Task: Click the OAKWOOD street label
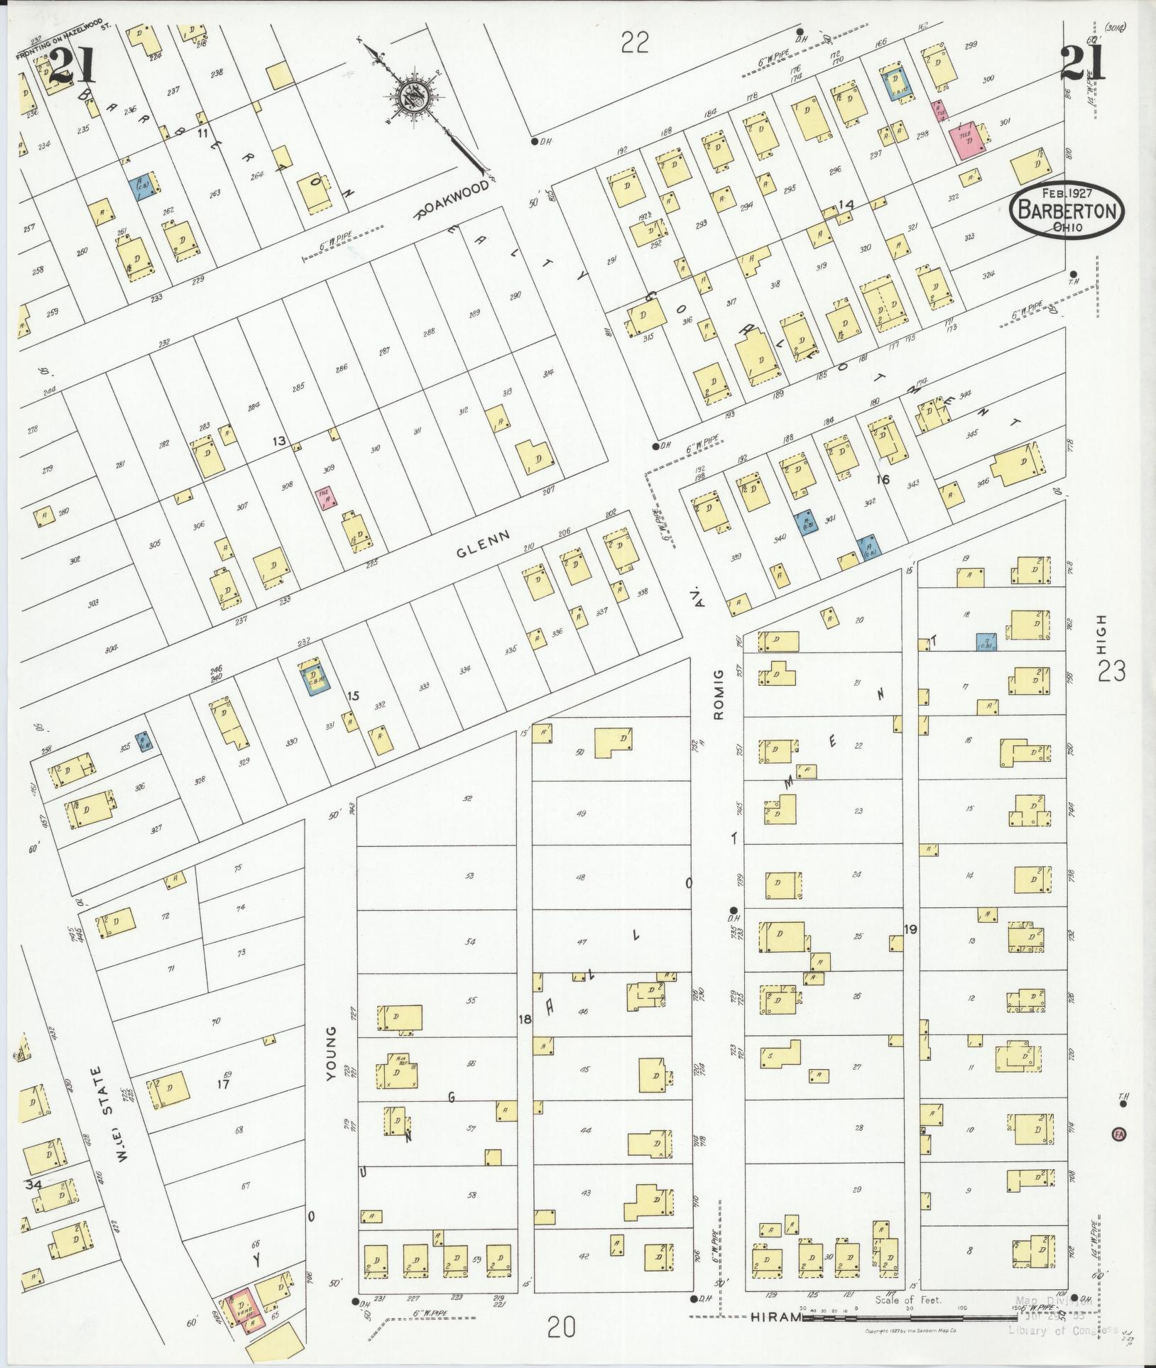pos(454,201)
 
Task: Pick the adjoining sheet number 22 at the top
pos(635,44)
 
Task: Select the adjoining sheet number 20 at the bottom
pos(561,1325)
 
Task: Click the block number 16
pos(883,480)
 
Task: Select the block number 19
pos(910,929)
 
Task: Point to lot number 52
pos(467,799)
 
